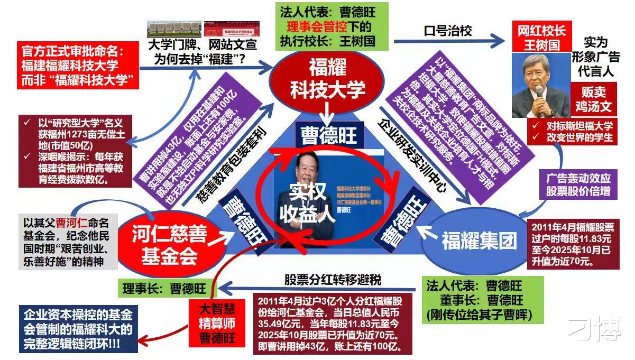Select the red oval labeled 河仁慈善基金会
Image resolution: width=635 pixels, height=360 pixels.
168,244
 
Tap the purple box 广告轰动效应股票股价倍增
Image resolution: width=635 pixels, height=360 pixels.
578,184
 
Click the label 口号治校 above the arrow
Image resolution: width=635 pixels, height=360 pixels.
447,31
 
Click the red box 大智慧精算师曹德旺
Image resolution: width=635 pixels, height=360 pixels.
217,322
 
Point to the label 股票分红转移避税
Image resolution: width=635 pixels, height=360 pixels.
333,279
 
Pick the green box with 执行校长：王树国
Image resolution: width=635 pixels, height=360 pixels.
332,26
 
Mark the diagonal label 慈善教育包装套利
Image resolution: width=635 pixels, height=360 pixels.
233,163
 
